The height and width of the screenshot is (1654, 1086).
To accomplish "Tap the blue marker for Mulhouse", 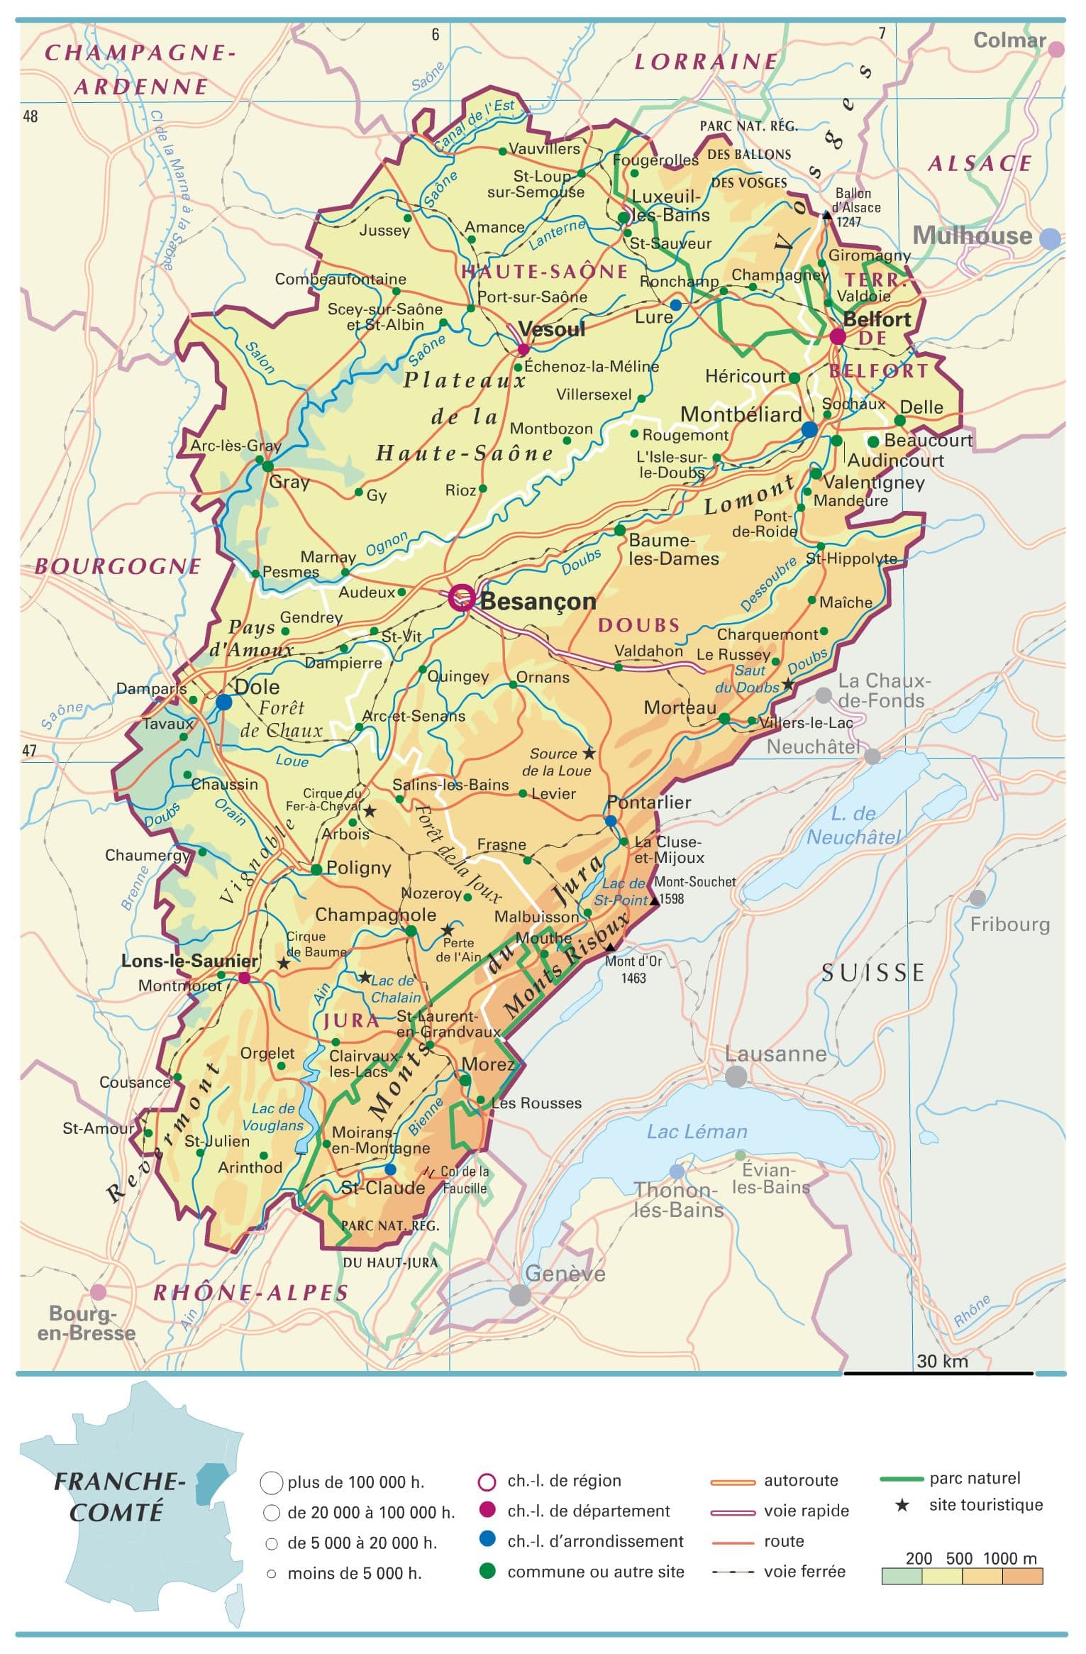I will [x=1050, y=238].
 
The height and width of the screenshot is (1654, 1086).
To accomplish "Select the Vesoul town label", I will [x=552, y=329].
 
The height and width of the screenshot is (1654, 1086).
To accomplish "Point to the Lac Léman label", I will [x=697, y=1131].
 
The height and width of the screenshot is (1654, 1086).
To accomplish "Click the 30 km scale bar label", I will [x=941, y=1360].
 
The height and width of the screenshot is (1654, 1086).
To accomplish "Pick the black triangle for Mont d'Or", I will [x=610, y=947].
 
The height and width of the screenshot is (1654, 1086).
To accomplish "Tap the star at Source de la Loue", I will [x=589, y=752].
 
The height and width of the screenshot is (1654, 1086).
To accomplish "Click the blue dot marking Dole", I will [x=223, y=702].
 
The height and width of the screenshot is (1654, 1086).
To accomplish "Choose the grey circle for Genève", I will [x=520, y=1295].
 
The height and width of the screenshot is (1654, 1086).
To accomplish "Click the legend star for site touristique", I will [x=902, y=1505].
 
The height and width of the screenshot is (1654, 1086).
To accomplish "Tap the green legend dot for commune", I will [x=487, y=1571].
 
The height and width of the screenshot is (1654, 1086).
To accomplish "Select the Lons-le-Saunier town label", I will [x=189, y=961].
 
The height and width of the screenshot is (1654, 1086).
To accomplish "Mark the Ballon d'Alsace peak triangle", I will [x=826, y=215].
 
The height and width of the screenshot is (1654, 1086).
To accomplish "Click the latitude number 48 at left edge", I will [x=31, y=116].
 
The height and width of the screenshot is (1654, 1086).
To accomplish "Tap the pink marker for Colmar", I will [x=1056, y=50].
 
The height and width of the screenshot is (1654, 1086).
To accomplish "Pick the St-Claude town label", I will [x=383, y=1188].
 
